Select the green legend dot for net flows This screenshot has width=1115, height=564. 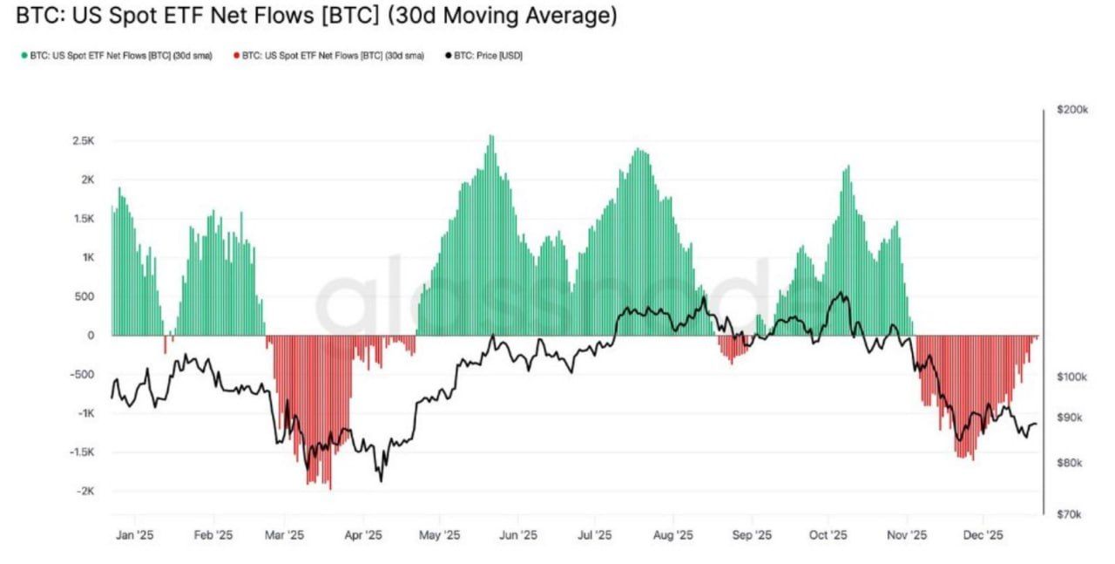(24, 56)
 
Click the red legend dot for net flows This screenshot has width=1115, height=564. (236, 56)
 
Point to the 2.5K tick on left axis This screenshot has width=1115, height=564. (84, 141)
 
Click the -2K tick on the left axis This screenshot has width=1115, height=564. (85, 492)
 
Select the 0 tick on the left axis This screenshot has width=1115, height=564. (91, 336)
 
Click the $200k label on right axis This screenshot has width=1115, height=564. (1071, 110)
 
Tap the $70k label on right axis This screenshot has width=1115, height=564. (1070, 515)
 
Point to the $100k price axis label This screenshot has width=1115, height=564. (1071, 377)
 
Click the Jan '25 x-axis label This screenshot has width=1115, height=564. (134, 536)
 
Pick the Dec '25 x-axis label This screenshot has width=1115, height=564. (984, 536)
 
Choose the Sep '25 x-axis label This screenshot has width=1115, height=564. (752, 536)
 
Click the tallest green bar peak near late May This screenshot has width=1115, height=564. (491, 137)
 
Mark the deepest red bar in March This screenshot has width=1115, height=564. (330, 488)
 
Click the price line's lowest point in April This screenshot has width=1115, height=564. (381, 480)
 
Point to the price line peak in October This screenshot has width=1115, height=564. (840, 293)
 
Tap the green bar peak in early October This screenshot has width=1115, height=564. (846, 166)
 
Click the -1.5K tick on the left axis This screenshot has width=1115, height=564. (82, 452)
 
